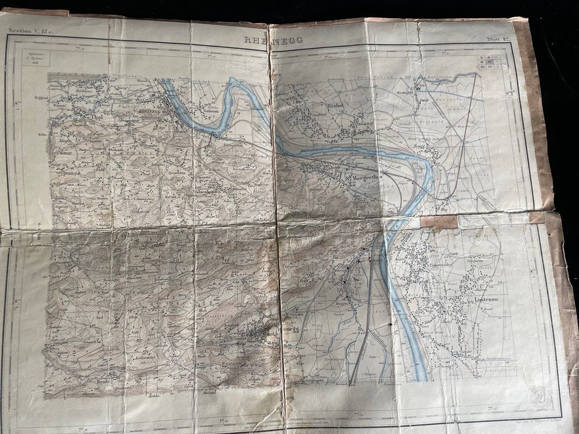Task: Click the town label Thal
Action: pyautogui.click(x=97, y=116)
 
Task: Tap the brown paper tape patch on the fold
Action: pyautogui.click(x=438, y=222)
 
